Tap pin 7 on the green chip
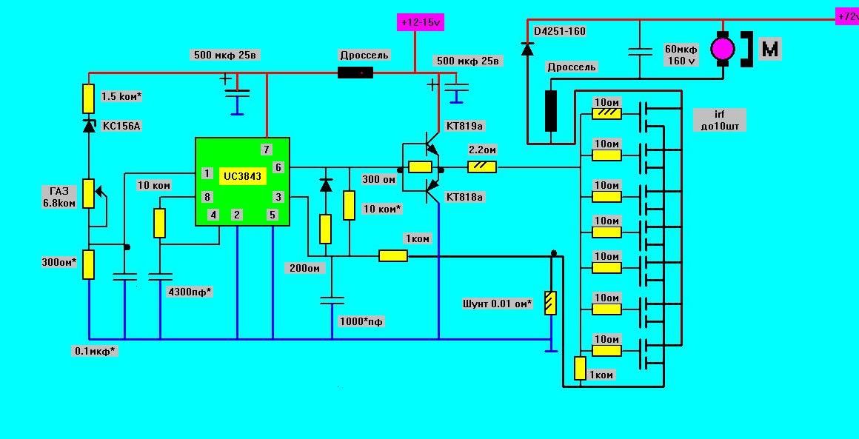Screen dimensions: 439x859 click(267, 149)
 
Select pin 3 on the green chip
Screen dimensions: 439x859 click(278, 197)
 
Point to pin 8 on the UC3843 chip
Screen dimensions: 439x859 click(207, 197)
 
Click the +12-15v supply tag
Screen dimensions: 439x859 click(421, 22)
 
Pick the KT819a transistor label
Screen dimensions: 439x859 click(464, 127)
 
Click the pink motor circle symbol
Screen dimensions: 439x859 click(722, 49)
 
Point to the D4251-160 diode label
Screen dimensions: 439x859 click(559, 32)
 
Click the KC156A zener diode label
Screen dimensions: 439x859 click(121, 126)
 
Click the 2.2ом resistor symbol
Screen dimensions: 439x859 click(482, 168)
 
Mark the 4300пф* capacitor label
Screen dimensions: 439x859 click(190, 292)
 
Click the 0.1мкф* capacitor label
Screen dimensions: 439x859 click(95, 351)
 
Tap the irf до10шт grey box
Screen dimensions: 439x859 click(718, 120)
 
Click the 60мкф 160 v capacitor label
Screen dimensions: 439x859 click(681, 56)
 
